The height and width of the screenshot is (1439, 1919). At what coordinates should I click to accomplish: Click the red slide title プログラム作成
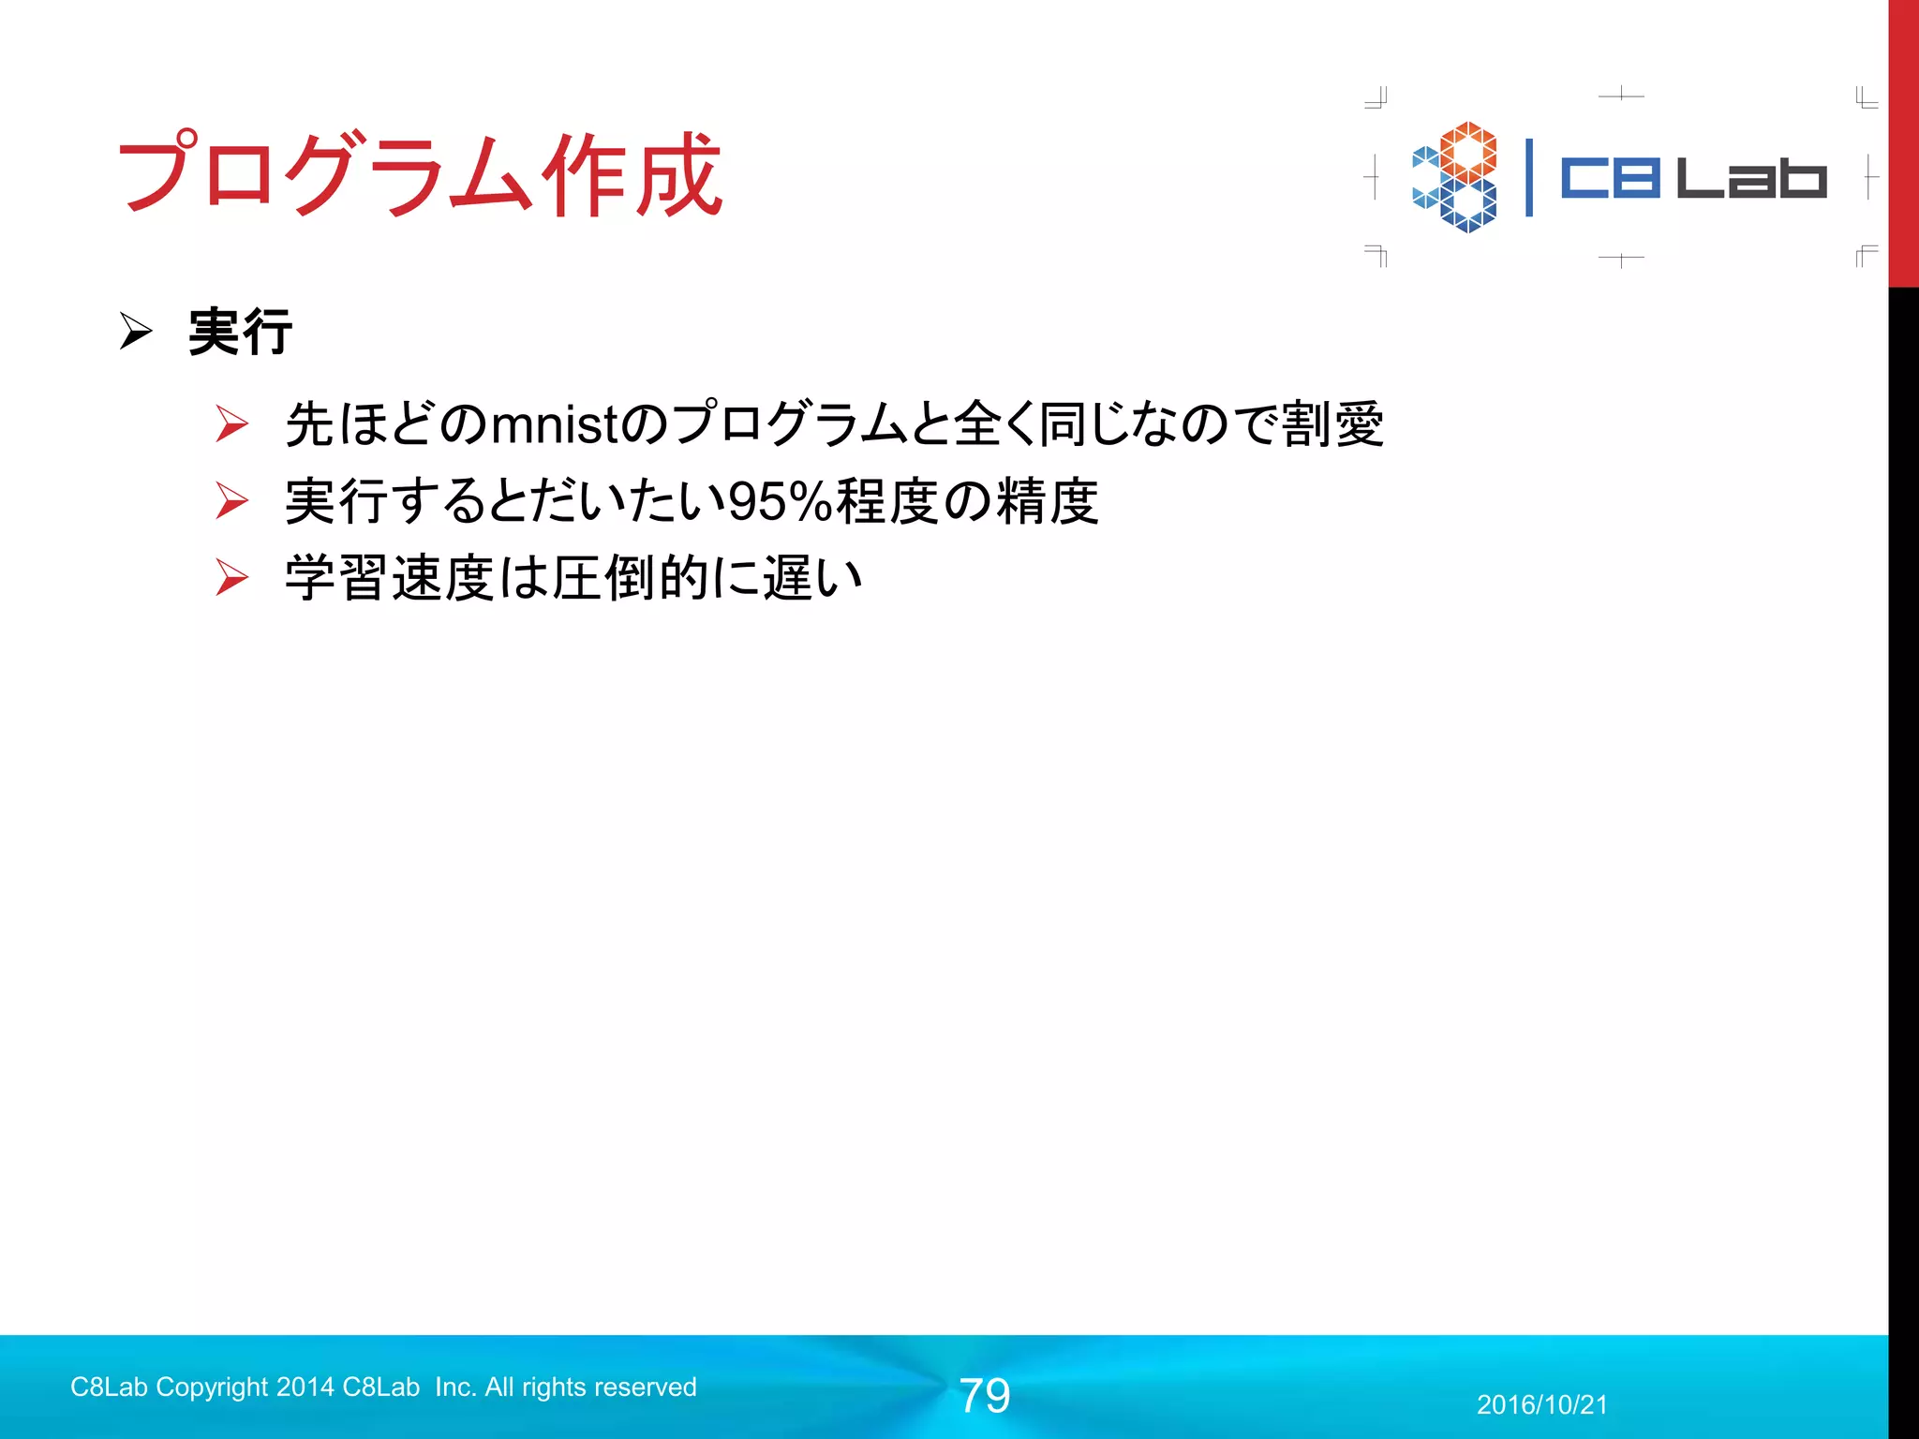pyautogui.click(x=419, y=174)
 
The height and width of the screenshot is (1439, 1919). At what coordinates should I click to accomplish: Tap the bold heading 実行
pyautogui.click(x=240, y=332)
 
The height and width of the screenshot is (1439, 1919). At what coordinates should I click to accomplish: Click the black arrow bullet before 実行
pyautogui.click(x=136, y=332)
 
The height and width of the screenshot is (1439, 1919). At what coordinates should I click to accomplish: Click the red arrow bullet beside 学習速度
pyautogui.click(x=231, y=577)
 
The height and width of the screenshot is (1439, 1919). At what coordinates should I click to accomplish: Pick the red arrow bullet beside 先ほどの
pyautogui.click(x=231, y=423)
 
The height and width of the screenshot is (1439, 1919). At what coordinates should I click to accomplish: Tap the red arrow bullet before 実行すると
pyautogui.click(x=231, y=500)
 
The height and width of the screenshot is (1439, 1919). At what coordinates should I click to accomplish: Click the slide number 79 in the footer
pyautogui.click(x=985, y=1396)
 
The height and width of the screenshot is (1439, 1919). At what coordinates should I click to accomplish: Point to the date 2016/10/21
pyautogui.click(x=1542, y=1404)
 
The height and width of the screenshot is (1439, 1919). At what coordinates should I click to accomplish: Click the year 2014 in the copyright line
pyautogui.click(x=305, y=1387)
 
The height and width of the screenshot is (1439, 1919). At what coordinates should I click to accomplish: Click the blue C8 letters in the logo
pyautogui.click(x=1610, y=178)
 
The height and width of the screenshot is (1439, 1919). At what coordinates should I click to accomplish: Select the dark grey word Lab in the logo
pyautogui.click(x=1750, y=178)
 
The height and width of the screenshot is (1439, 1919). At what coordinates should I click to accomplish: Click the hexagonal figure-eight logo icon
pyautogui.click(x=1456, y=177)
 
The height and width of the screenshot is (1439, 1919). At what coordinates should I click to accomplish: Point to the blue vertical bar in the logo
pyautogui.click(x=1529, y=177)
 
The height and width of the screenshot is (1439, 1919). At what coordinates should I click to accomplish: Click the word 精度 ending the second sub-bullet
pyautogui.click(x=1047, y=501)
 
